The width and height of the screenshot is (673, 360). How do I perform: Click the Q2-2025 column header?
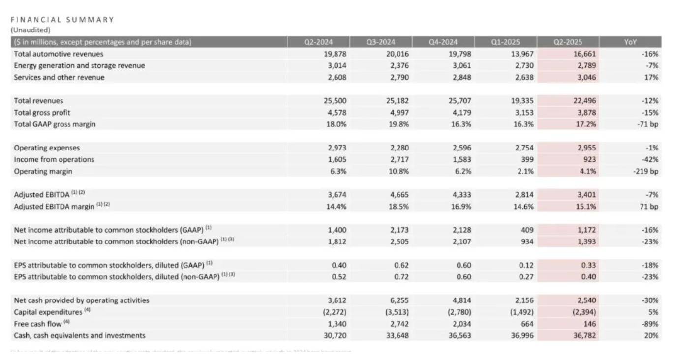pos(568,42)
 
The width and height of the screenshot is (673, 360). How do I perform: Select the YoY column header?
pos(630,42)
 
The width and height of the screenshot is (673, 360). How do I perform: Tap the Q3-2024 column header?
pos(380,42)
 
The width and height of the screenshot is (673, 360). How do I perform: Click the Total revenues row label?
pos(38,101)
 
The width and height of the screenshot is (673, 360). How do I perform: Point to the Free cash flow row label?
pos(38,324)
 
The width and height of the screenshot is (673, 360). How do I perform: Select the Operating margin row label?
pos(43,171)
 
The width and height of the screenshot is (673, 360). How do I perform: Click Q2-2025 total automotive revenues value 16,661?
pos(584,54)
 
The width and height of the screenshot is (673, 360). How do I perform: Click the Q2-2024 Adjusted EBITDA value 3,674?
pos(336,195)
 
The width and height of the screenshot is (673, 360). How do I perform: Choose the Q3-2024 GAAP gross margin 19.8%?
pos(398,124)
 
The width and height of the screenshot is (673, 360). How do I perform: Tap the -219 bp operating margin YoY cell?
pos(646,171)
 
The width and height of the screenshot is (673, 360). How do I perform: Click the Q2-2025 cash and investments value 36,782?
pos(584,336)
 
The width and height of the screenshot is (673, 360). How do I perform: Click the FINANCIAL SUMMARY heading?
pos(62,20)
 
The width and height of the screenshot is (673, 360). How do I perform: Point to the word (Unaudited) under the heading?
pos(31,30)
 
